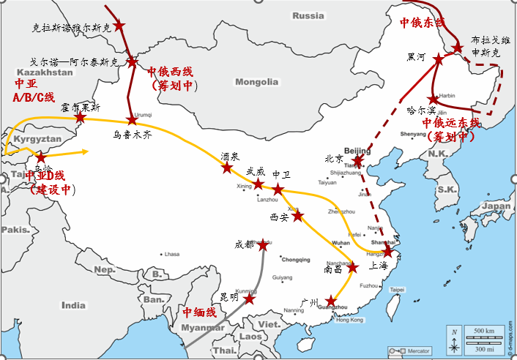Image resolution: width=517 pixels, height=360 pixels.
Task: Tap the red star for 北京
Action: tap(357, 161)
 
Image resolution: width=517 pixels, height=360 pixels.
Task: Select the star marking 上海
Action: tap(388, 253)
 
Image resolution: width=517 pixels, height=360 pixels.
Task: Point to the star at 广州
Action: tap(331, 300)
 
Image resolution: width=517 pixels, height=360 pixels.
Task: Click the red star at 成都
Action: tap(263, 247)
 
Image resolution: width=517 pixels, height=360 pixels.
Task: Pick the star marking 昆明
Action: tap(250, 299)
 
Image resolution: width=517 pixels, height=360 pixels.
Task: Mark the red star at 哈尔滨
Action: tap(434, 99)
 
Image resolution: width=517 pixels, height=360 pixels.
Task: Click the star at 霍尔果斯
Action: tap(81, 118)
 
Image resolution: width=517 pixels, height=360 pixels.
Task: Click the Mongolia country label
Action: tap(256, 81)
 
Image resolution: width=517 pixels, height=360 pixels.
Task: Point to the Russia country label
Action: tap(308, 15)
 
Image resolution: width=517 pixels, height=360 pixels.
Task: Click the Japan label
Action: tap(497, 206)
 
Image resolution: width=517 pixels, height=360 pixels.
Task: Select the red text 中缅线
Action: tap(199, 312)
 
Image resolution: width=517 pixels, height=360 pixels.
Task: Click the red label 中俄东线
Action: tap(422, 23)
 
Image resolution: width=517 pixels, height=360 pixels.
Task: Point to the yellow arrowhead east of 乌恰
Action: tap(86, 152)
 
